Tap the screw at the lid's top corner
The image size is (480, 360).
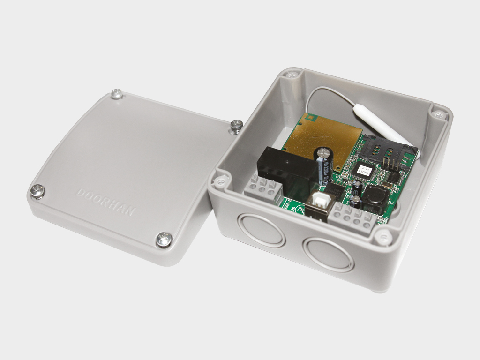click(x=117, y=94)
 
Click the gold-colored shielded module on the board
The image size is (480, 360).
click(x=323, y=139)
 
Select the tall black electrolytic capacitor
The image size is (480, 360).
click(x=324, y=166)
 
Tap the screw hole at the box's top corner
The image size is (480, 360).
click(x=292, y=75)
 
